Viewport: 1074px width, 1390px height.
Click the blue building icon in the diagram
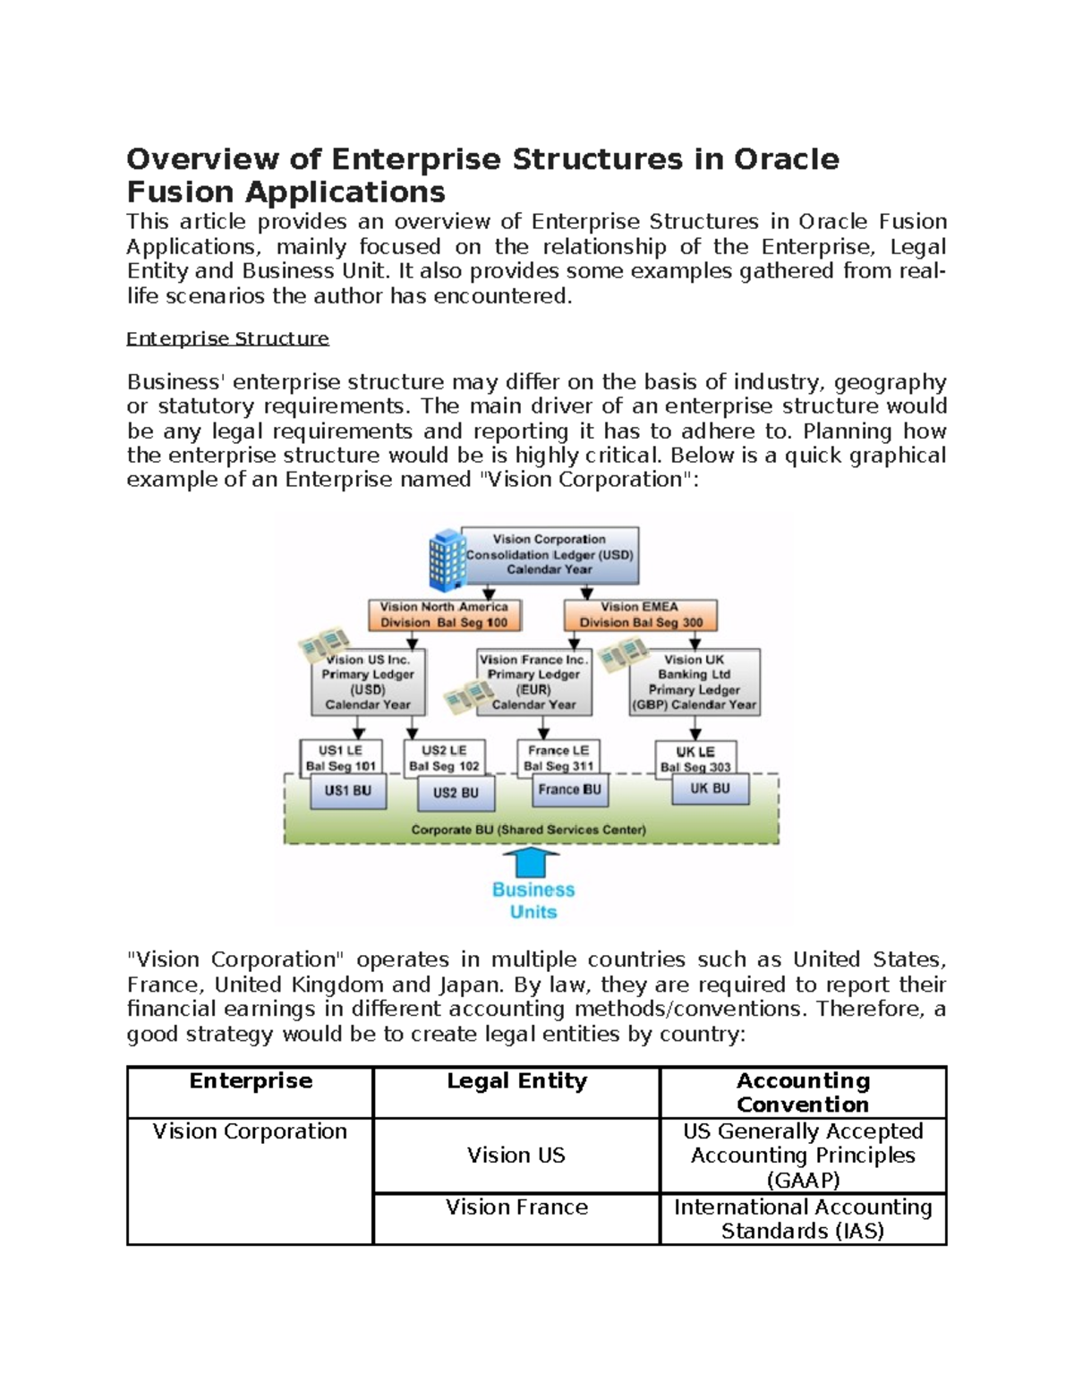[x=447, y=560]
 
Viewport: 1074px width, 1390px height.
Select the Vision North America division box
[x=444, y=615]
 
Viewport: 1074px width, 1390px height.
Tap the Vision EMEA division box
[x=640, y=615]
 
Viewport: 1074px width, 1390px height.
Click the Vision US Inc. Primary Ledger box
[x=368, y=682]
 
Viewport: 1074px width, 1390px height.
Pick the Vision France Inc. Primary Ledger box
[x=534, y=682]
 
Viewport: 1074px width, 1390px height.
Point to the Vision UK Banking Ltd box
[x=695, y=682]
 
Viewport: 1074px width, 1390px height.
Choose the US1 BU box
[x=347, y=791]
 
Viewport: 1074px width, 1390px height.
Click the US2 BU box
[x=456, y=792]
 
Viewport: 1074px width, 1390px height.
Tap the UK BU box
[x=710, y=789]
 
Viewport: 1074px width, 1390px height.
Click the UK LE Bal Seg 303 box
[x=695, y=756]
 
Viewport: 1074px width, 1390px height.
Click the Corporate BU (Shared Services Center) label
[x=528, y=830]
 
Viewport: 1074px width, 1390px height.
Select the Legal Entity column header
[x=516, y=1081]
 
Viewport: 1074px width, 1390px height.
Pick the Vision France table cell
[x=516, y=1207]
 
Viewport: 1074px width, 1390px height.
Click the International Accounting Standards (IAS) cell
[x=803, y=1219]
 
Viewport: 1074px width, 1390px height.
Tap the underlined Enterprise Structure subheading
[x=227, y=338]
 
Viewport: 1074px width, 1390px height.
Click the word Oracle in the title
[x=787, y=159]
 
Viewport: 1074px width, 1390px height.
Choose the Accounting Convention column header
[x=803, y=1092]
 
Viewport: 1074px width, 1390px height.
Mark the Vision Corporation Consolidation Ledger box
[x=549, y=554]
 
